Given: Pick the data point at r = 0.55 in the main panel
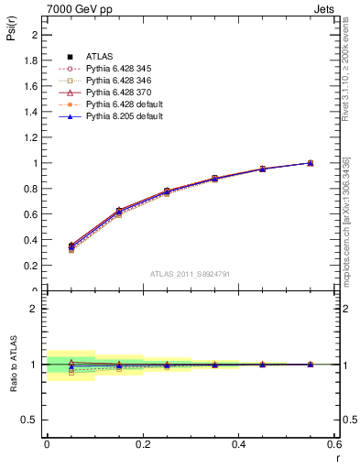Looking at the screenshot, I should (x=310, y=163).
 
